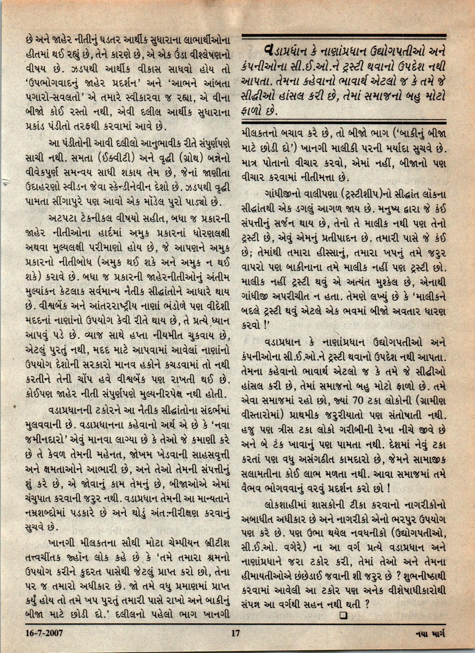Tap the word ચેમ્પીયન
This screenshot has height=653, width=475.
click(x=182, y=535)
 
